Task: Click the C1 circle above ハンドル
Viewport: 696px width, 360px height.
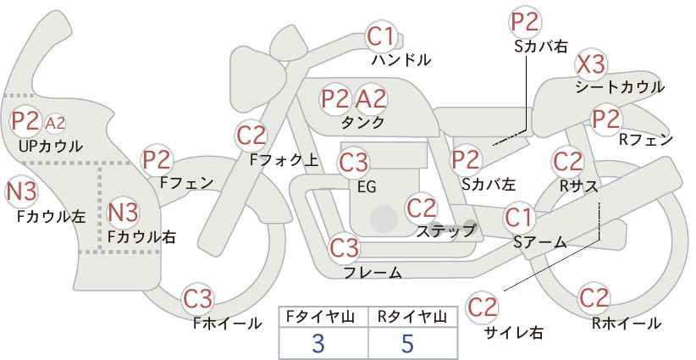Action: (x=380, y=36)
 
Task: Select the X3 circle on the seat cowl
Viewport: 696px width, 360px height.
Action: (x=591, y=65)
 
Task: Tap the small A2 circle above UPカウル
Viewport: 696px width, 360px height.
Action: (x=56, y=123)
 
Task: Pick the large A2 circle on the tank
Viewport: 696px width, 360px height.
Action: (x=371, y=99)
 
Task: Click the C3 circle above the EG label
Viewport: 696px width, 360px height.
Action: (x=353, y=163)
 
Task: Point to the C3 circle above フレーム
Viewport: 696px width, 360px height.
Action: (x=345, y=247)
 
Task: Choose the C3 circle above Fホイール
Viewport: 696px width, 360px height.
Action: (x=198, y=299)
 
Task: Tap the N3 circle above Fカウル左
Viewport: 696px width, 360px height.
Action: (x=21, y=191)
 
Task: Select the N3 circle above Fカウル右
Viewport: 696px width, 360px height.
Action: (x=124, y=213)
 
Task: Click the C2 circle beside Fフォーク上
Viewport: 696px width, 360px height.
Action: (x=251, y=136)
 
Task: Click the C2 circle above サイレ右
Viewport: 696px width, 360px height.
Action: (x=482, y=307)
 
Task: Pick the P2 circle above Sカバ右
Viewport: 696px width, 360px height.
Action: (x=525, y=22)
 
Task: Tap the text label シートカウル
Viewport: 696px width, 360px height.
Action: (x=620, y=87)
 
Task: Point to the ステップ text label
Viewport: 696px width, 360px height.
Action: (x=445, y=231)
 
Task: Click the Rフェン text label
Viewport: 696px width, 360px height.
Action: (x=646, y=140)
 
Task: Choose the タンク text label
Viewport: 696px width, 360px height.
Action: (x=362, y=122)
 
